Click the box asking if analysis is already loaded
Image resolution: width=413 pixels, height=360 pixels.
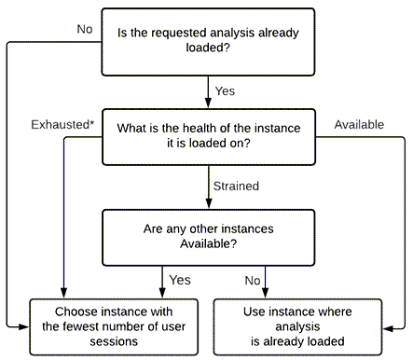(x=208, y=42)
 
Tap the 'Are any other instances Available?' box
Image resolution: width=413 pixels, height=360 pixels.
(x=208, y=236)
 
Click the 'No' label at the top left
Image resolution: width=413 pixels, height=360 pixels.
(x=85, y=29)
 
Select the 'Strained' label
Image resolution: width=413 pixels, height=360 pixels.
(x=236, y=186)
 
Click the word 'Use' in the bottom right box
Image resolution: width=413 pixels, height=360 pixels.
(x=261, y=310)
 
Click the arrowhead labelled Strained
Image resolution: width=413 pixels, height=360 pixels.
(x=208, y=201)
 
